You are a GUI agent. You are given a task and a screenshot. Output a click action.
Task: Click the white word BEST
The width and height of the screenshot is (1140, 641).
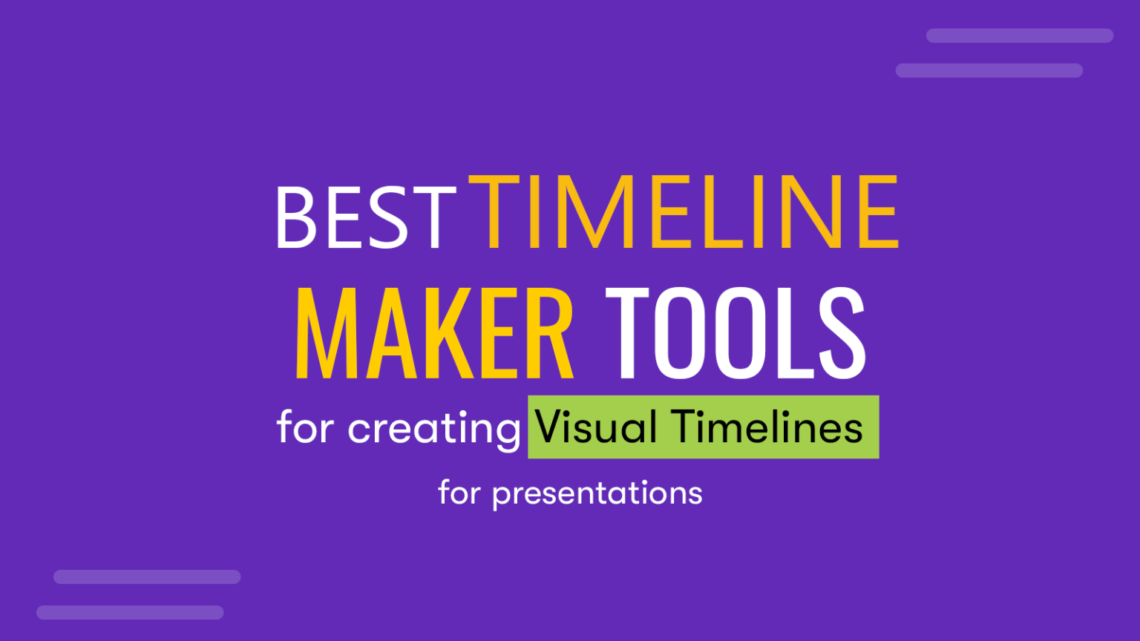[364, 217]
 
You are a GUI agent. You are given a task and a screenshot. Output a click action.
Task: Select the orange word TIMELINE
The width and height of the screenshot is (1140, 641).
[684, 213]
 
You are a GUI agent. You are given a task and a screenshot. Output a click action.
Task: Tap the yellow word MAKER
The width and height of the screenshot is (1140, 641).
[434, 334]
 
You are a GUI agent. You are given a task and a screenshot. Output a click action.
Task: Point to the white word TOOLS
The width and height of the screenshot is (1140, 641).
[736, 334]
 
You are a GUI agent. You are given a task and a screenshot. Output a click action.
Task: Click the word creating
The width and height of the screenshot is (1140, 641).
[434, 429]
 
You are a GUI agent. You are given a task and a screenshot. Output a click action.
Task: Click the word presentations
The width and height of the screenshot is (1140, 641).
[597, 493]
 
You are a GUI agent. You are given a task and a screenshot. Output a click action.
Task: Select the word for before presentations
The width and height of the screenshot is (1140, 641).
[459, 493]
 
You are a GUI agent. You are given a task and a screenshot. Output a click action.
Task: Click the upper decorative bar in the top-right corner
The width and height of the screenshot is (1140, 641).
[1019, 36]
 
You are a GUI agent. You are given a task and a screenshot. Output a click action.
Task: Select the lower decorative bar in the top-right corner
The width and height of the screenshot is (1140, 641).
[989, 70]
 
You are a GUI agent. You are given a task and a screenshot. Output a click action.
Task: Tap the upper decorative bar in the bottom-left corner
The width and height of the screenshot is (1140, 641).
[147, 576]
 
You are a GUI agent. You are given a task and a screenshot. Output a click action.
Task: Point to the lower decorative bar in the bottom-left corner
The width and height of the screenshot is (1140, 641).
[130, 612]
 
